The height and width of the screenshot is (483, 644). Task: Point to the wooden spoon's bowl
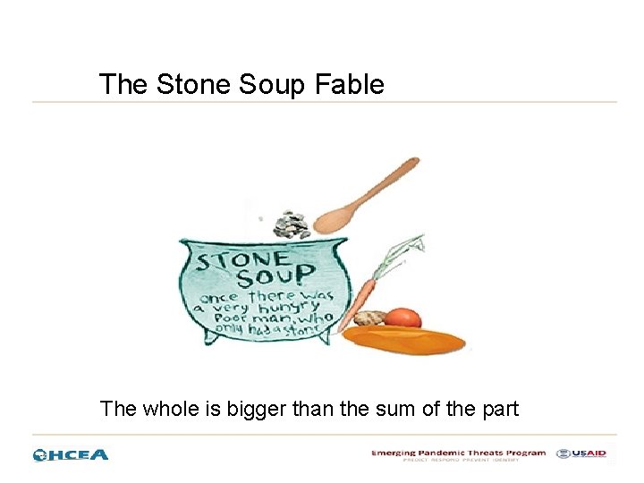335,217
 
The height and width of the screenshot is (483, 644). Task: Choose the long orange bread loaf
404,339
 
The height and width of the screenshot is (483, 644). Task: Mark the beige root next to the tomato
369,318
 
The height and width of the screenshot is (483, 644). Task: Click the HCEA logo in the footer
71,454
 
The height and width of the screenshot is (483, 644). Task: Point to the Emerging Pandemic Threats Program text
458,453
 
